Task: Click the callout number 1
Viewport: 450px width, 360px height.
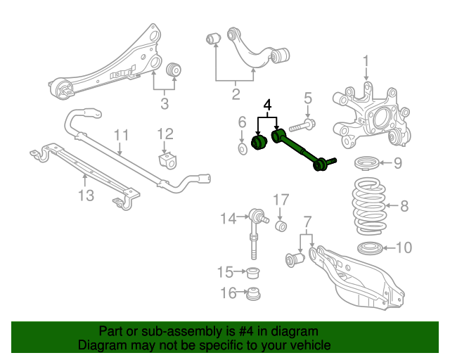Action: tap(366, 68)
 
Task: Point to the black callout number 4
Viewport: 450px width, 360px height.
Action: tap(266, 106)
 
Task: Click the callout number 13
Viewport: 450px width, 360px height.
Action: tap(86, 195)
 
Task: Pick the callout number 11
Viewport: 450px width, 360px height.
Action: tap(120, 134)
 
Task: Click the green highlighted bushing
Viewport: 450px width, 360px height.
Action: tap(257, 142)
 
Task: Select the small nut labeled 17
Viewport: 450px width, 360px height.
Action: tap(281, 226)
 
